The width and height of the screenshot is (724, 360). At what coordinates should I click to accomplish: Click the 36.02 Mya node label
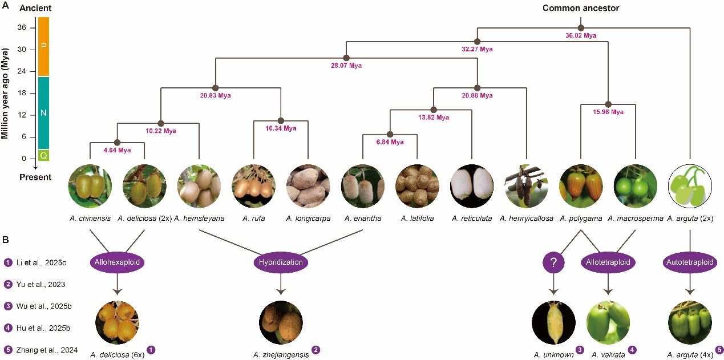581,35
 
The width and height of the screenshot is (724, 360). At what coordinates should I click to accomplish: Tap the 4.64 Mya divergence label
116,151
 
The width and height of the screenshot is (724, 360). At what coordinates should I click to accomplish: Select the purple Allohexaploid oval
117,262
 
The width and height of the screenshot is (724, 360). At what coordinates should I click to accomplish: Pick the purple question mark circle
553,262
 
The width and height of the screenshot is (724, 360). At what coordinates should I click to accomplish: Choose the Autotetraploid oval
689,262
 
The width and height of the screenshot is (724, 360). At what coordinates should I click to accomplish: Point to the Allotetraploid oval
608,262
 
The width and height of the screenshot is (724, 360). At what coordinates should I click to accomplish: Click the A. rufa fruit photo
254,186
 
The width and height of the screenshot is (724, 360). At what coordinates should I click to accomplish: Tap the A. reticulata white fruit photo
472,186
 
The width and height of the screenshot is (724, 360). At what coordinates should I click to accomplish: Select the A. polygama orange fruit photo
581,186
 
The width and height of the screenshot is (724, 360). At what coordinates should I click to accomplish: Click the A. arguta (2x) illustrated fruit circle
690,186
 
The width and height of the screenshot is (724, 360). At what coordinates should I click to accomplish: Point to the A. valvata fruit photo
608,322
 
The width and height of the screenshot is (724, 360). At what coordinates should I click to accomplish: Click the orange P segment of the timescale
43,46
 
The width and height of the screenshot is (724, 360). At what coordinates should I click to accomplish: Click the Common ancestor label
581,8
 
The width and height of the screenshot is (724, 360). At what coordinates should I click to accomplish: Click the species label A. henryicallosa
526,218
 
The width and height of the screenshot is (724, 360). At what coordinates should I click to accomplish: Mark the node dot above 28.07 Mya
346,58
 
